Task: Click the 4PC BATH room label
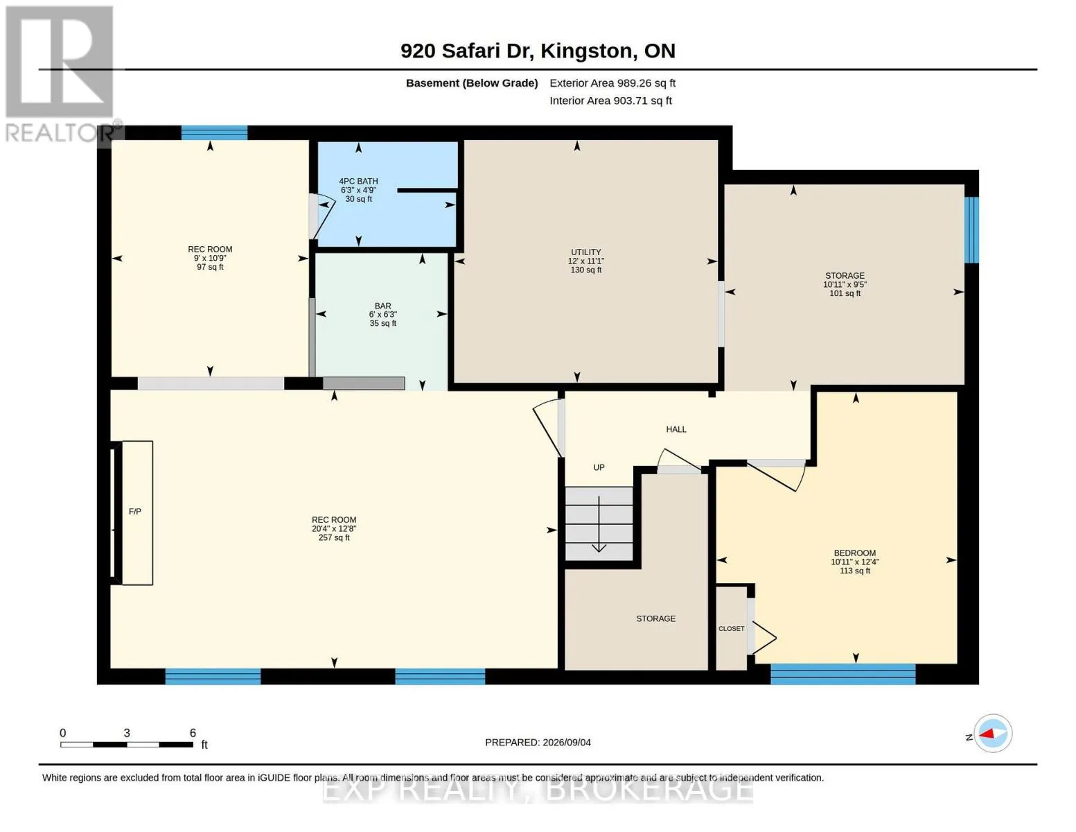point(358,182)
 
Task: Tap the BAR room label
point(382,306)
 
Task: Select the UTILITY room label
point(585,252)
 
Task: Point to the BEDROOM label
point(855,553)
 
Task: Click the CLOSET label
point(732,629)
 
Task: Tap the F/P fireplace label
point(134,512)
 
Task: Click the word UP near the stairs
point(599,467)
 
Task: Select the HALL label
point(676,429)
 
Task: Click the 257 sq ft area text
point(334,537)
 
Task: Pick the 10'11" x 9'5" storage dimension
point(845,284)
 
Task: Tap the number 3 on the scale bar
point(127,733)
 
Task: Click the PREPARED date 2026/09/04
point(567,743)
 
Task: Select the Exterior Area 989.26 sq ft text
point(612,83)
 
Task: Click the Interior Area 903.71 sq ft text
point(610,101)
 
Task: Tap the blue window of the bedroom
point(843,674)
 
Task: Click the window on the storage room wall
point(971,230)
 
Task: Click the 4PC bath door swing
point(322,218)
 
